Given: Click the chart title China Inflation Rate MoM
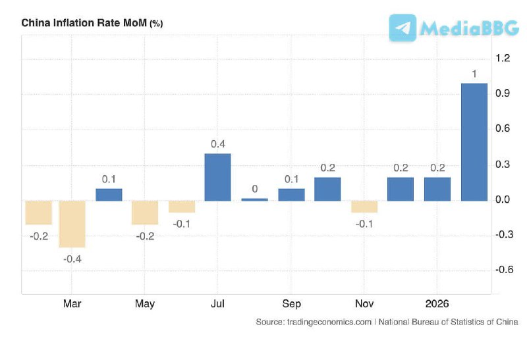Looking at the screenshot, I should point(84,23).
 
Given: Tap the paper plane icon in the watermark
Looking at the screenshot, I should point(402,28).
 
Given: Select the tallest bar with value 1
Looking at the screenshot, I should point(474,141).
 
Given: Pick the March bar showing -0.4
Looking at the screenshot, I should point(72,224).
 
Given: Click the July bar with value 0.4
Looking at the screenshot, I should point(217,177).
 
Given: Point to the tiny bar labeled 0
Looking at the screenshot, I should point(254,199).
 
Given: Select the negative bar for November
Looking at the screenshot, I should point(364,207).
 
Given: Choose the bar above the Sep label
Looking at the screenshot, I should point(291,194).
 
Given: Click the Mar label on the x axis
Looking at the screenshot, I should point(72,303).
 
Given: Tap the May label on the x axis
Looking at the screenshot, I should point(145,303).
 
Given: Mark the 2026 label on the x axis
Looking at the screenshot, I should point(437,303).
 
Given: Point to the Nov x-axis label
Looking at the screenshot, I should point(364,303).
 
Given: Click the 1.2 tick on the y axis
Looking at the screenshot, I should point(503,59).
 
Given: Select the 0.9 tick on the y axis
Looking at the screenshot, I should point(503,93).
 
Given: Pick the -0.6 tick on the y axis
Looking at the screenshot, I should point(503,269).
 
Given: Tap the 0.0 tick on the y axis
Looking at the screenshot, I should point(503,199).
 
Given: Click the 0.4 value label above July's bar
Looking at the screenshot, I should point(218,144).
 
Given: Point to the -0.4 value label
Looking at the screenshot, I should point(72,259).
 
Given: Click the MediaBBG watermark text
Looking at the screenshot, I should point(469,28).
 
